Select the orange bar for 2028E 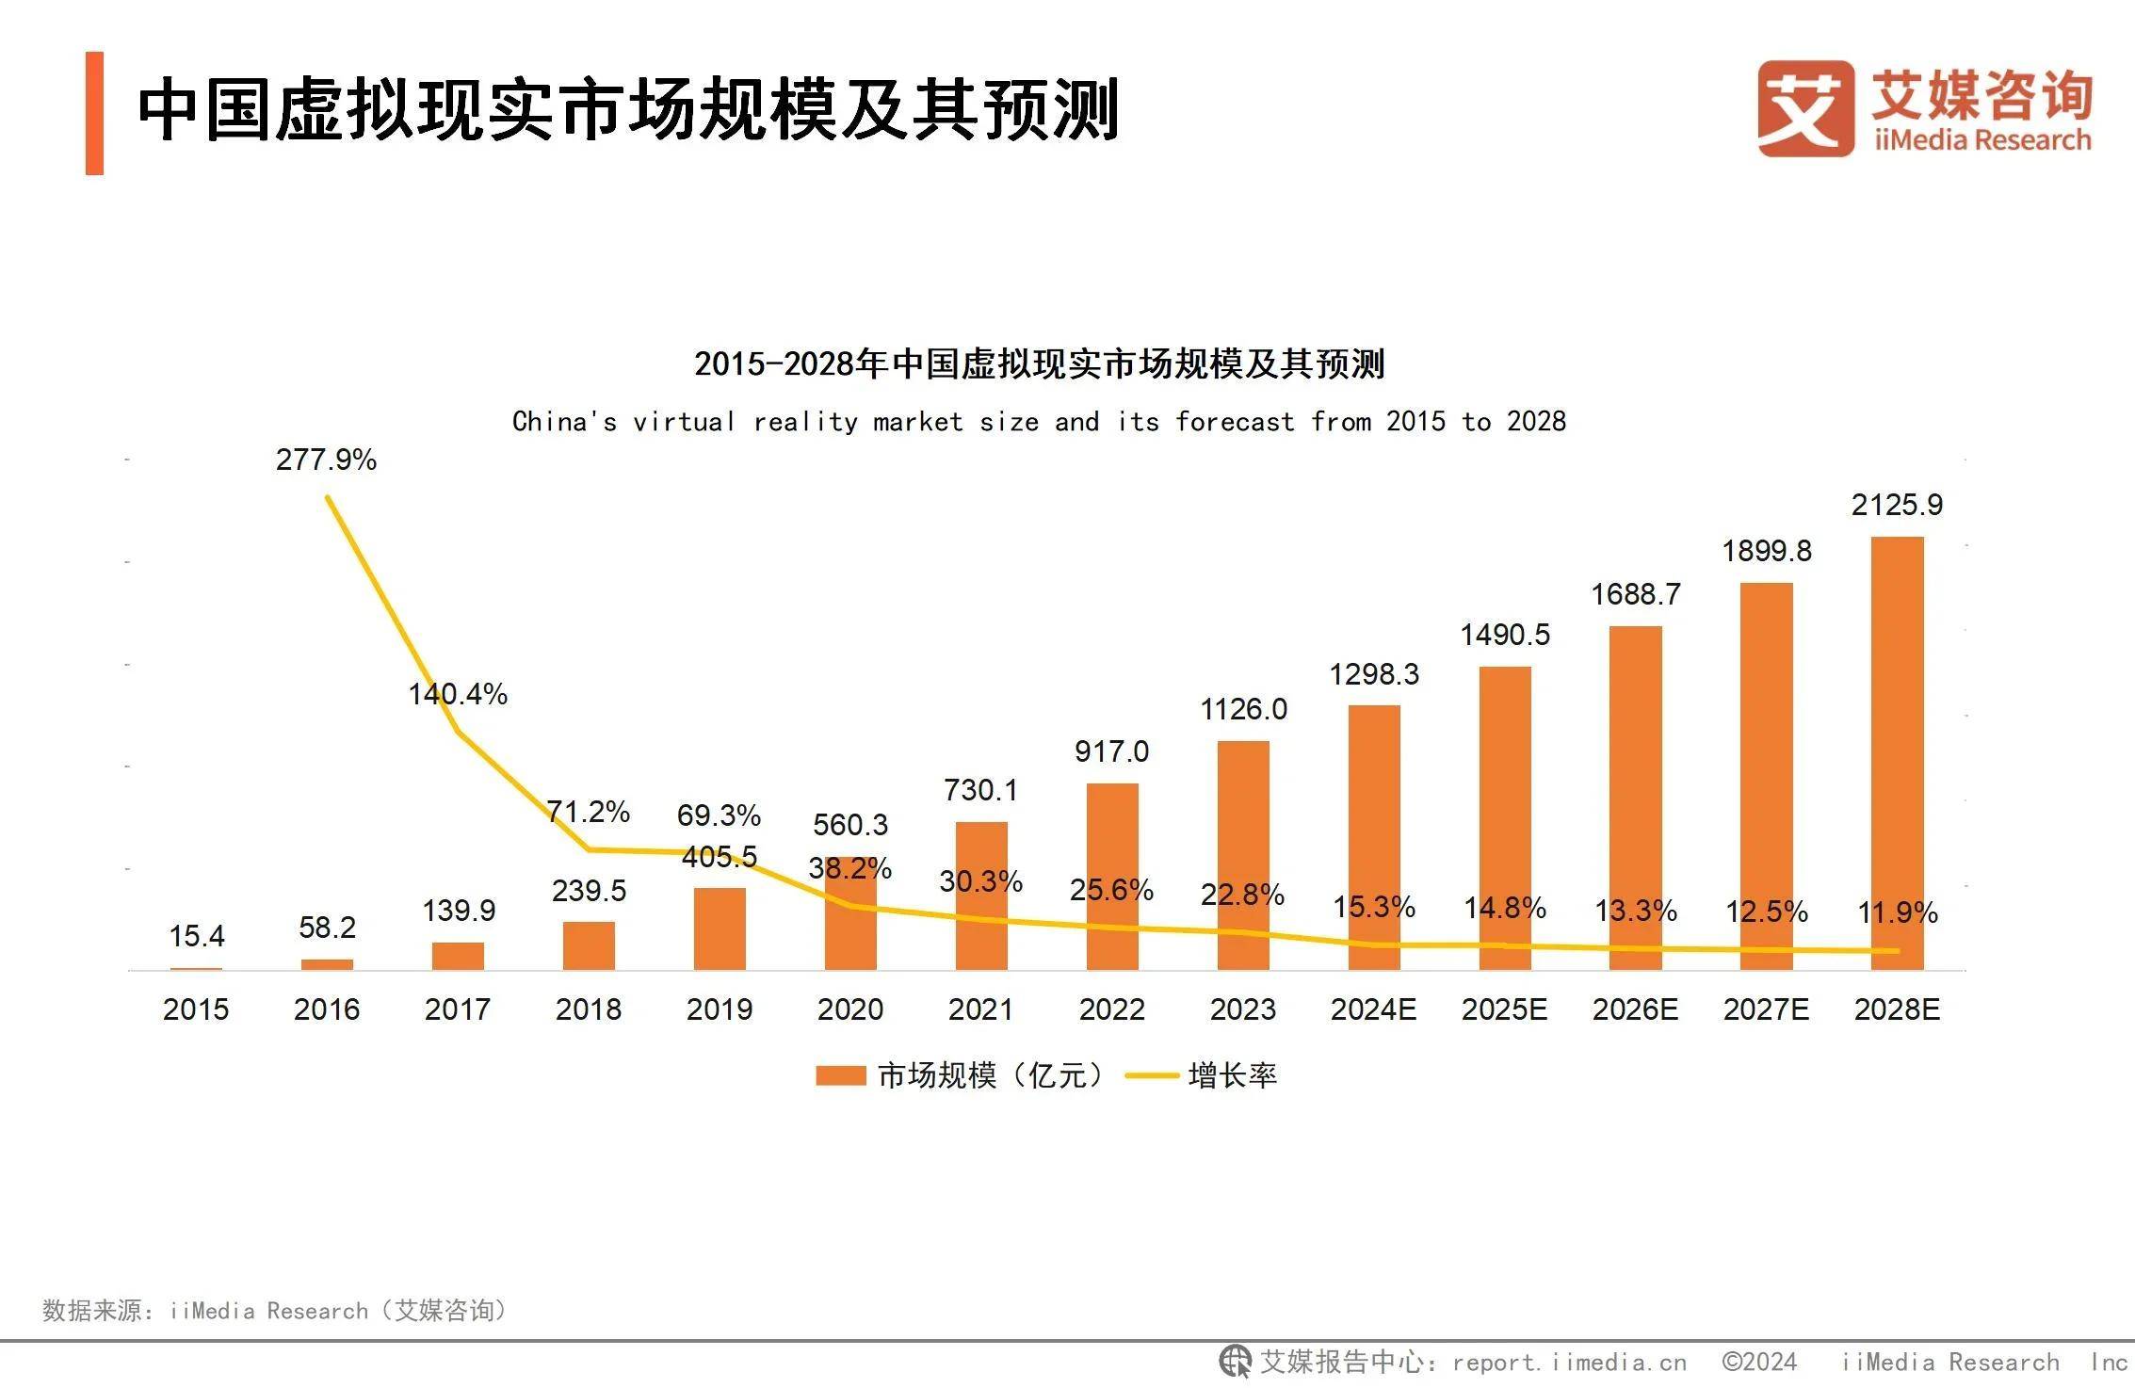pyautogui.click(x=1897, y=753)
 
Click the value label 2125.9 pyautogui.click(x=1897, y=505)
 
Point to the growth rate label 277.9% pyautogui.click(x=326, y=460)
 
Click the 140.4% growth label pyautogui.click(x=458, y=694)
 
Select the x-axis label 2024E pyautogui.click(x=1373, y=1009)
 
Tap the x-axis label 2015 pyautogui.click(x=196, y=1009)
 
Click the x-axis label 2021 pyautogui.click(x=980, y=1009)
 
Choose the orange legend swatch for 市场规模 pyautogui.click(x=840, y=1075)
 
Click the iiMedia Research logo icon pyautogui.click(x=1804, y=108)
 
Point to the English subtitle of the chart pyautogui.click(x=1039, y=421)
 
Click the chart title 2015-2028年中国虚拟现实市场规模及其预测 pyautogui.click(x=1039, y=363)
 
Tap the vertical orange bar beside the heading pyautogui.click(x=94, y=113)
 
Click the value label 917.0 pyautogui.click(x=1111, y=751)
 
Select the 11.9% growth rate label pyautogui.click(x=1897, y=912)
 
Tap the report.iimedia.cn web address pyautogui.click(x=1569, y=1363)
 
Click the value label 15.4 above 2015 pyautogui.click(x=196, y=936)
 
